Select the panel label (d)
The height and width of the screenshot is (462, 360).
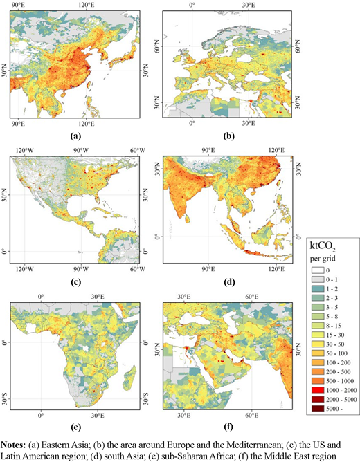229,282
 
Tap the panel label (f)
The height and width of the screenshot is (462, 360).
228,426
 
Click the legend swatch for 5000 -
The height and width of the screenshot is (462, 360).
321,409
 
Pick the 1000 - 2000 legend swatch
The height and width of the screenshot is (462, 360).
321,390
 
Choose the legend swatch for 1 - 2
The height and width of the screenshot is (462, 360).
321,289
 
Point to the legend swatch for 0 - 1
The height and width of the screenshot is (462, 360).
321,279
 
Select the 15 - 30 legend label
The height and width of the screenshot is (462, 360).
335,335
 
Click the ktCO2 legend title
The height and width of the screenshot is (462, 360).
323,246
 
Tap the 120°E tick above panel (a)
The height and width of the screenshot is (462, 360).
87,5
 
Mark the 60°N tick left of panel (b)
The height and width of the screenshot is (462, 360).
158,46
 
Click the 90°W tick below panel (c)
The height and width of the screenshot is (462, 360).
81,269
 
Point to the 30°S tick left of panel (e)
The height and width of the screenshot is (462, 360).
4,398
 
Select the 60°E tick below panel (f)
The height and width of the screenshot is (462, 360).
252,415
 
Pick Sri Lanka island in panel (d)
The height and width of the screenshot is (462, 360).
186,219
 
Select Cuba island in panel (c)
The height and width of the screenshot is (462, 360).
102,210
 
